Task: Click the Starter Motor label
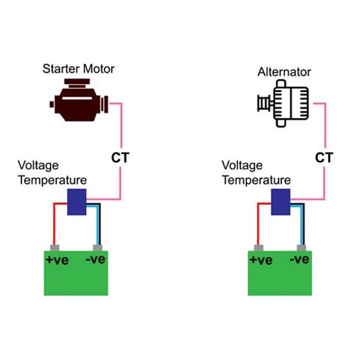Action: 78,68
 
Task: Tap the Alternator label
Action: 284,72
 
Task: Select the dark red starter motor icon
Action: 79,103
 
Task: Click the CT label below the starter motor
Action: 120,158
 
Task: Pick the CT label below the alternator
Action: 324,158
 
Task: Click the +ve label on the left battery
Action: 58,260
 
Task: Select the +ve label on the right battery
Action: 261,260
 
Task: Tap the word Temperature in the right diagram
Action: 256,180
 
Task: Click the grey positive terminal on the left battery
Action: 55,247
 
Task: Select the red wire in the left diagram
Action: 55,222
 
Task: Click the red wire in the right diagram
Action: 259,222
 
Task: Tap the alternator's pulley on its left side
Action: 262,104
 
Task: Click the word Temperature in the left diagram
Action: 52,180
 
